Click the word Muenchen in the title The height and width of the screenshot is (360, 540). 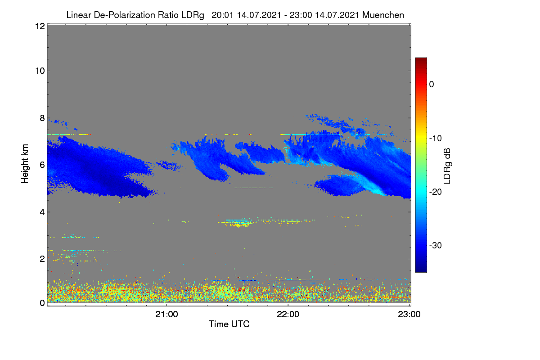pyautogui.click(x=383, y=15)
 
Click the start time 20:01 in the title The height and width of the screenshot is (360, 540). pyautogui.click(x=222, y=15)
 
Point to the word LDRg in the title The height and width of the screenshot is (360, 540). pyautogui.click(x=193, y=15)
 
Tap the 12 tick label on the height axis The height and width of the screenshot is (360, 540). pyautogui.click(x=40, y=26)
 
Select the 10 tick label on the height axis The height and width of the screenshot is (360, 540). pyautogui.click(x=40, y=71)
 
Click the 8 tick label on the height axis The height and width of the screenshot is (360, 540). pyautogui.click(x=42, y=118)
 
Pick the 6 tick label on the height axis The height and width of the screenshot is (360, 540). pyautogui.click(x=42, y=165)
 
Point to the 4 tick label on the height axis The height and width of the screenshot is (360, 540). pyautogui.click(x=42, y=212)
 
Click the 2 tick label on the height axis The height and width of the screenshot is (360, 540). pyautogui.click(x=42, y=259)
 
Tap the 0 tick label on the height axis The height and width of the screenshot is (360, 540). pyautogui.click(x=42, y=303)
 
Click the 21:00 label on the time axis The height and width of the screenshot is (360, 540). pyautogui.click(x=166, y=314)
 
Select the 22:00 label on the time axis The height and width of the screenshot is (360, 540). pyautogui.click(x=288, y=314)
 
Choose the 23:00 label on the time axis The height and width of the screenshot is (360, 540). pyautogui.click(x=409, y=314)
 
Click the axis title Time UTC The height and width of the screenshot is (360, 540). pyautogui.click(x=229, y=324)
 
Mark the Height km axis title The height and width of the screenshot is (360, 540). pyautogui.click(x=25, y=164)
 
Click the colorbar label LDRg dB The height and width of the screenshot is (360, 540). pyautogui.click(x=447, y=166)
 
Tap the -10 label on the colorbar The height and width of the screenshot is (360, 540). pyautogui.click(x=436, y=138)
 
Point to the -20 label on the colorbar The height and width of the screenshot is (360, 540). pyautogui.click(x=436, y=192)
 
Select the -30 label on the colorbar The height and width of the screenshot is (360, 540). pyautogui.click(x=436, y=245)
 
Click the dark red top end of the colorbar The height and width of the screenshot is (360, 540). pyautogui.click(x=421, y=59)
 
